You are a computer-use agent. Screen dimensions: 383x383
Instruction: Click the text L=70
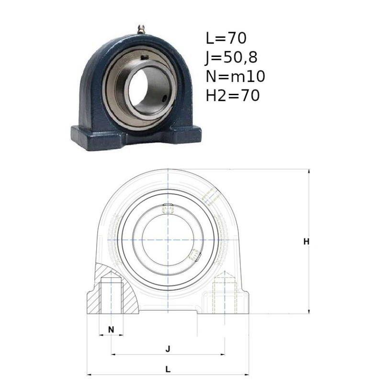pyautogui.click(x=226, y=38)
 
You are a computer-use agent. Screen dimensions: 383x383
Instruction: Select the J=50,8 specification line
pyautogui.click(x=231, y=57)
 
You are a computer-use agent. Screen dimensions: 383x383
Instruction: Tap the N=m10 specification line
pyautogui.click(x=235, y=76)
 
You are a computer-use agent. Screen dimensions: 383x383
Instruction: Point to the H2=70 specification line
pyautogui.click(x=233, y=95)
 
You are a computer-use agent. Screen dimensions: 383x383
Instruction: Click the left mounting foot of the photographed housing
pyautogui.click(x=98, y=138)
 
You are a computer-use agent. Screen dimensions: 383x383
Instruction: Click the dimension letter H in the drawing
pyautogui.click(x=306, y=242)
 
